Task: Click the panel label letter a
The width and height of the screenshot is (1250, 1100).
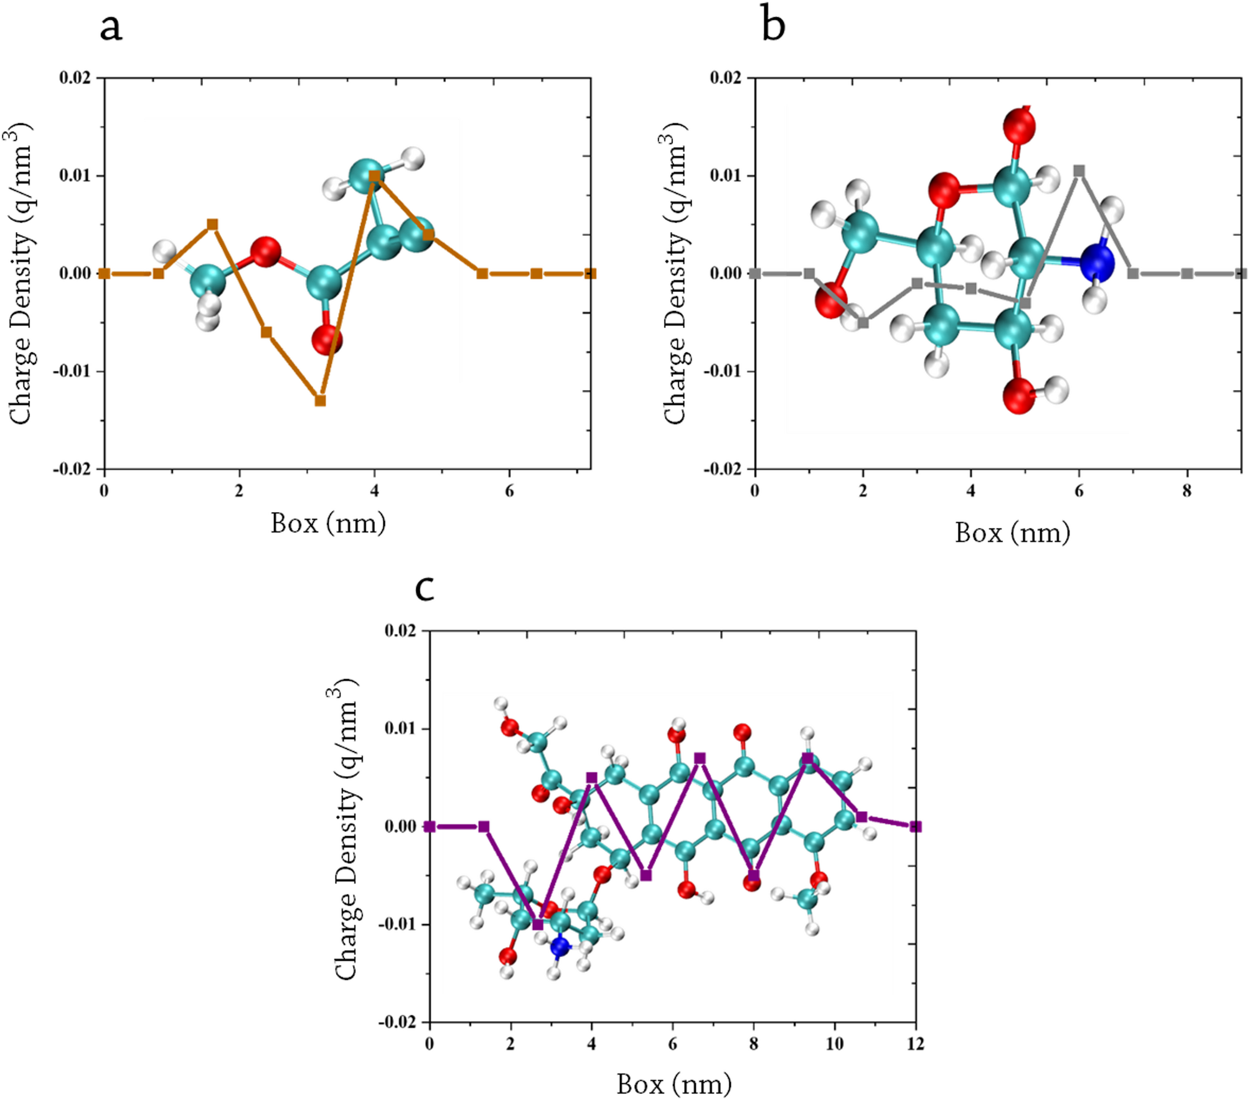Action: point(111,28)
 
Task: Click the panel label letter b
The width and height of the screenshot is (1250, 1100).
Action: point(773,26)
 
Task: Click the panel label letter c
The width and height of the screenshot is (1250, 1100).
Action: point(425,589)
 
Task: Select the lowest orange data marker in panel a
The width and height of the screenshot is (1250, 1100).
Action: point(320,401)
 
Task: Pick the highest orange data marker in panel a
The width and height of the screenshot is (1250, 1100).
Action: point(374,176)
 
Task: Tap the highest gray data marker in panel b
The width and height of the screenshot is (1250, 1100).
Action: point(1079,170)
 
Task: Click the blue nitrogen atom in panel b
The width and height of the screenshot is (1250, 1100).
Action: point(1096,262)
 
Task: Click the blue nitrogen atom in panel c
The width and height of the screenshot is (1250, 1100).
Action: point(560,947)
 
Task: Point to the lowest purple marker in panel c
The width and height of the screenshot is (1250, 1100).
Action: point(538,925)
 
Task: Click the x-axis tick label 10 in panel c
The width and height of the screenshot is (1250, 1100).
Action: point(834,1044)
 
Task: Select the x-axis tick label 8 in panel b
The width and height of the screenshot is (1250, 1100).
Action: point(1187,491)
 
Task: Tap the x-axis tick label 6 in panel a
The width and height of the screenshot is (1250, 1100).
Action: point(509,491)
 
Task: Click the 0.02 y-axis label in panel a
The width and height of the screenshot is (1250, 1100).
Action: point(74,78)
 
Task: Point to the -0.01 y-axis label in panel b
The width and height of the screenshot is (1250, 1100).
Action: point(723,371)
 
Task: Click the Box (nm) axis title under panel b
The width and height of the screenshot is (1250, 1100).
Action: point(1012,533)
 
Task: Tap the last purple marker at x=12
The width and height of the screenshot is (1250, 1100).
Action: point(915,826)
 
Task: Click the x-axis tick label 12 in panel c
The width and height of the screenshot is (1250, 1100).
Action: point(915,1044)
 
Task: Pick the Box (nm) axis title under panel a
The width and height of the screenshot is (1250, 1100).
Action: point(328,523)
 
